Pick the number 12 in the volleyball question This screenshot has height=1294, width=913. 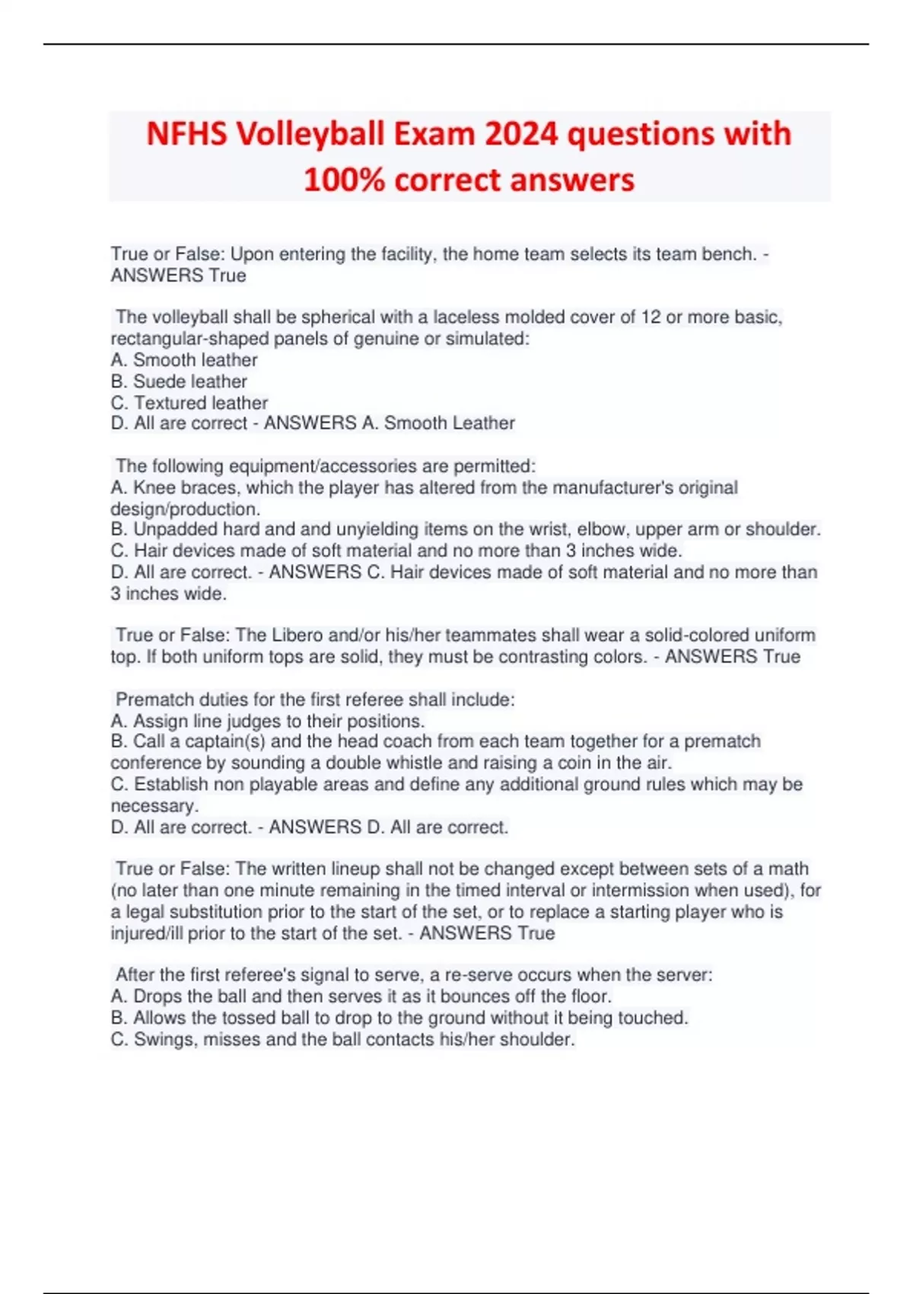coord(651,317)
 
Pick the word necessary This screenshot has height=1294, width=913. coord(153,806)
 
